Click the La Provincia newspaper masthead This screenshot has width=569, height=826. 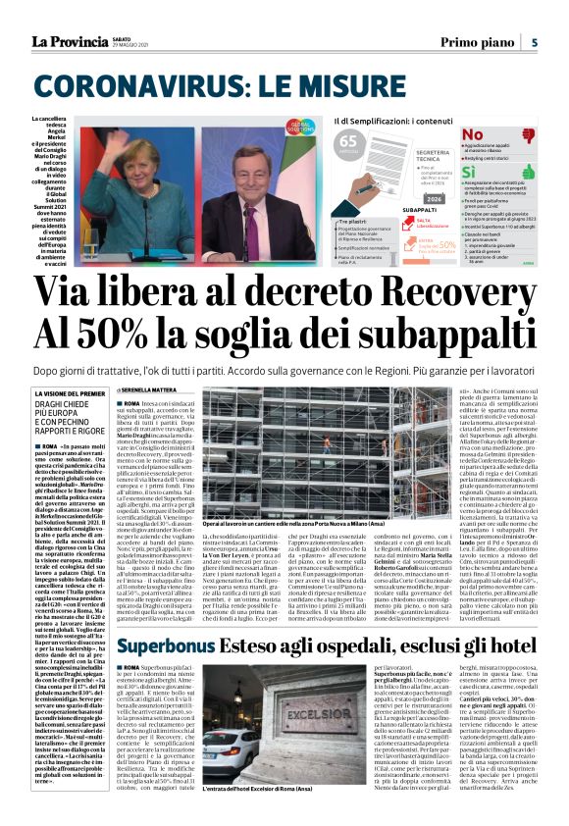pyautogui.click(x=75, y=41)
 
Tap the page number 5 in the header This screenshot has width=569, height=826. pyautogui.click(x=534, y=42)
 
